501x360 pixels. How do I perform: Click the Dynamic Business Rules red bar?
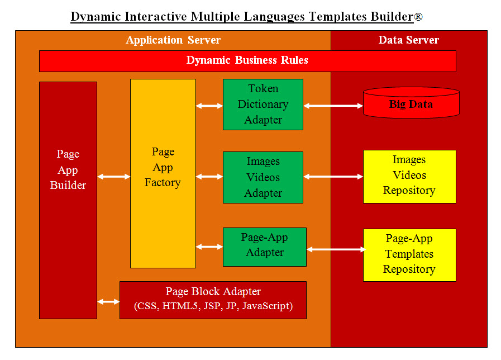(247, 61)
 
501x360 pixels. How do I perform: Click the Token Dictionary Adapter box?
(263, 105)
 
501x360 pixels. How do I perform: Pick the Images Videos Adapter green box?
(263, 177)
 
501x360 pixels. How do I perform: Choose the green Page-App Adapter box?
(265, 247)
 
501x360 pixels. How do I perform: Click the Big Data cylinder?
(411, 105)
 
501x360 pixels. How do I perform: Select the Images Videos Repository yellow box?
(409, 176)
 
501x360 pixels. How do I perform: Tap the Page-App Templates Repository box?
(409, 255)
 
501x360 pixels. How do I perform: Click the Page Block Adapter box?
(213, 300)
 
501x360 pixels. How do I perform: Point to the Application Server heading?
(173, 40)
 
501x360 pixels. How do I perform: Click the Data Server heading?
(409, 40)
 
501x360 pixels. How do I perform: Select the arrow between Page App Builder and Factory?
(114, 177)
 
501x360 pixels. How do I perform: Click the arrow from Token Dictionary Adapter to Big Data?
(333, 105)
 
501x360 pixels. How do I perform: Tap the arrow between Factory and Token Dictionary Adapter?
(209, 105)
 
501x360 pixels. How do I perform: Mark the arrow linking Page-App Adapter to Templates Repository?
(335, 249)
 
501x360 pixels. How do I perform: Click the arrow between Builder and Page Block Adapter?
(108, 302)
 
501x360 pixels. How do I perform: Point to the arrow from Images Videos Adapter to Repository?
(333, 177)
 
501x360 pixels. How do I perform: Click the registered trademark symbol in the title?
(418, 17)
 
